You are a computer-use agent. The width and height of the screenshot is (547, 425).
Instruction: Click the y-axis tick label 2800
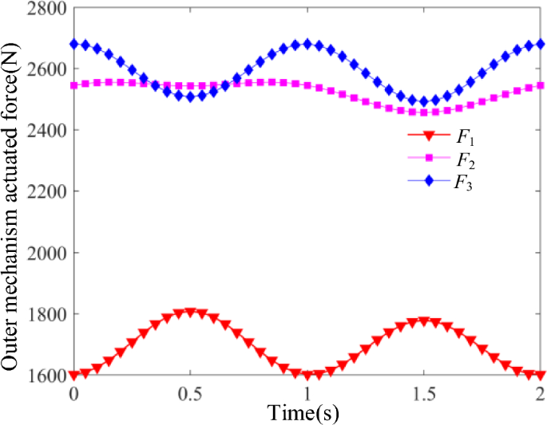[47, 8]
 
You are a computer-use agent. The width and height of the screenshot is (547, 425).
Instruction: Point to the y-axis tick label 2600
[47, 69]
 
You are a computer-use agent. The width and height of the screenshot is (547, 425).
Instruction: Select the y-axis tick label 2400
[47, 130]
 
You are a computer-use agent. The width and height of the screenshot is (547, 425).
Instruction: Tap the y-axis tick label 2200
[47, 191]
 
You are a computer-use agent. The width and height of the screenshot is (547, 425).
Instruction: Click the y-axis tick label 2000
[47, 253]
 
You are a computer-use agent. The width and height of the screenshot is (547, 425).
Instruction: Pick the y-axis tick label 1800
[47, 314]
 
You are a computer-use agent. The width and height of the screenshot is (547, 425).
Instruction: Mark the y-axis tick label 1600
[47, 375]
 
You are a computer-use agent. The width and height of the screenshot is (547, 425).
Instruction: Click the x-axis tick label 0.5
[190, 393]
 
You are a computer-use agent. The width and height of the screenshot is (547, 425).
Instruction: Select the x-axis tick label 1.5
[423, 393]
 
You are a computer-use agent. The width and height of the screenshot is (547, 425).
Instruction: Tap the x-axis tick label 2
[541, 393]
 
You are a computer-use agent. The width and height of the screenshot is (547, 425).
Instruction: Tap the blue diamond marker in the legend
[430, 181]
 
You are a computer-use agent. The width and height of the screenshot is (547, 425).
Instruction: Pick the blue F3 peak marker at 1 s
[307, 44]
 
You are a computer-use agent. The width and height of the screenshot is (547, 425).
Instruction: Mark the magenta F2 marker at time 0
[74, 85]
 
